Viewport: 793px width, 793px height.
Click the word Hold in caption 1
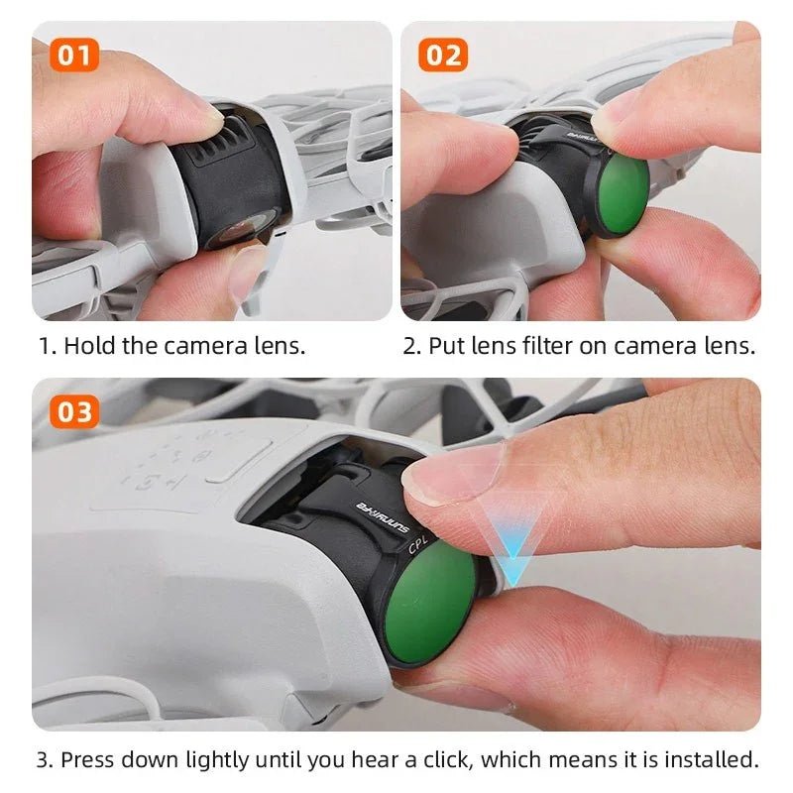(89, 346)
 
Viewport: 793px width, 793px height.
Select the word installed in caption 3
(712, 760)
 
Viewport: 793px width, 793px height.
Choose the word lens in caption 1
(280, 346)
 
